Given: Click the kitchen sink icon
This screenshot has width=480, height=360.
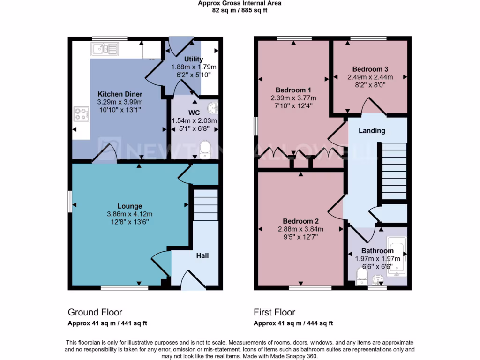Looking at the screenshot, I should pos(105,48).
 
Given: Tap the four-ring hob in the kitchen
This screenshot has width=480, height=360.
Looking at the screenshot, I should pos(81,114).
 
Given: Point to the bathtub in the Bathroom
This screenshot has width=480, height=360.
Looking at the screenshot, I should pos(397,256).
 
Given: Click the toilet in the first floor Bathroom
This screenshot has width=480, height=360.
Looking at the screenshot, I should pos(362,277).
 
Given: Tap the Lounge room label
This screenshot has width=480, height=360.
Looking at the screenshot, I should pos(130,206).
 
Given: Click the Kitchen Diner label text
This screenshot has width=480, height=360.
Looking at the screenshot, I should pos(120,94).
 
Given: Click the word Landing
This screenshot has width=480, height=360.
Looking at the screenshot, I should pos(372,130).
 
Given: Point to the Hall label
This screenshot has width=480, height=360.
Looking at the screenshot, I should pos(202,255).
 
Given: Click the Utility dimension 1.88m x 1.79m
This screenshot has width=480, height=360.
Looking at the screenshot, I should pos(194,67).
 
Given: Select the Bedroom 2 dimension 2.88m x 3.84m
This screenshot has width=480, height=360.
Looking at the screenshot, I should pos(304,229).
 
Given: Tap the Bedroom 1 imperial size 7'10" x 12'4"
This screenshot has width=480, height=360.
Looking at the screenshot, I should pos(293,106).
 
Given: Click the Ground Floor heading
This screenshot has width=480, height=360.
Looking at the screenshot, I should pos(95,312).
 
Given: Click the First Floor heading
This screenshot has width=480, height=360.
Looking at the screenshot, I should pos(274,312).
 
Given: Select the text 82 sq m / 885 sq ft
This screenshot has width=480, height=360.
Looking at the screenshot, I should pos(240,10).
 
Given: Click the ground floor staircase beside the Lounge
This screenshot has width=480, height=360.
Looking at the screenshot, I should pos(206,204).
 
